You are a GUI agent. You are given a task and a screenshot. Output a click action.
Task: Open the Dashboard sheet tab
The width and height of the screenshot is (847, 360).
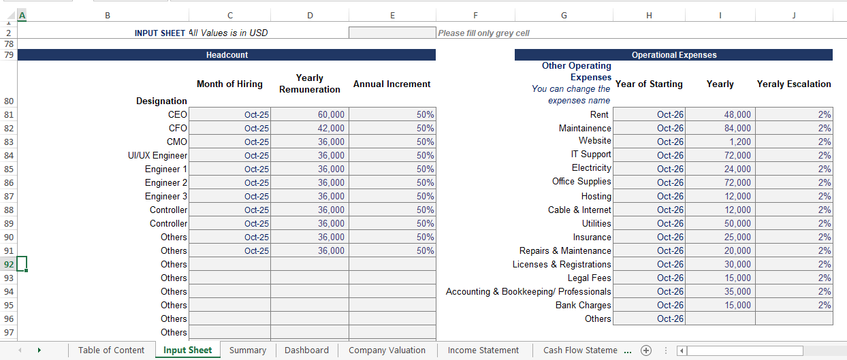[306, 350]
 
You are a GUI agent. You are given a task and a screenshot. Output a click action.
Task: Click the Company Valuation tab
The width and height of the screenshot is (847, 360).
[387, 350]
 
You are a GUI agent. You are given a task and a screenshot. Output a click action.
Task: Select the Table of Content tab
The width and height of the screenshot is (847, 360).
[111, 350]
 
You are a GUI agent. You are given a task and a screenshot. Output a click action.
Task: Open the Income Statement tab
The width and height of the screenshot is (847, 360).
[483, 350]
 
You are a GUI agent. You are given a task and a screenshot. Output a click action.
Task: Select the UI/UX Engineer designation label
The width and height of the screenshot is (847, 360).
[157, 156]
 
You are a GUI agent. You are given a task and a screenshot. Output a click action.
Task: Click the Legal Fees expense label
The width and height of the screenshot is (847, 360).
[590, 278]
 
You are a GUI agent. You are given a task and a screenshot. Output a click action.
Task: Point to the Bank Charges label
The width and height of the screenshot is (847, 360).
[584, 306]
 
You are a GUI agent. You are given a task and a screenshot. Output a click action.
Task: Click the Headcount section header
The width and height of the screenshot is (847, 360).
[227, 55]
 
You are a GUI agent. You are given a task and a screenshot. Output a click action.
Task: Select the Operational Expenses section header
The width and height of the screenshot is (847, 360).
[673, 55]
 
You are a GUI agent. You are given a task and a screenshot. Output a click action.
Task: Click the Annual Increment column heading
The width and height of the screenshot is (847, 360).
[391, 84]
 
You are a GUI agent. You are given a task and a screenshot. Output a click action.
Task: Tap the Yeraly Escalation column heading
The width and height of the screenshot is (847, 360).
[794, 84]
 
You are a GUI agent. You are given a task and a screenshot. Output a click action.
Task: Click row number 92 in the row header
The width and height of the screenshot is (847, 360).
[8, 264]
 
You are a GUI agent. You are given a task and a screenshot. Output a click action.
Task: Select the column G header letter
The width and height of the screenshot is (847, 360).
[563, 16]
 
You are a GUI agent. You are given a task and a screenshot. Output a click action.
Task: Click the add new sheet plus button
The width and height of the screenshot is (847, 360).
[646, 350]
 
